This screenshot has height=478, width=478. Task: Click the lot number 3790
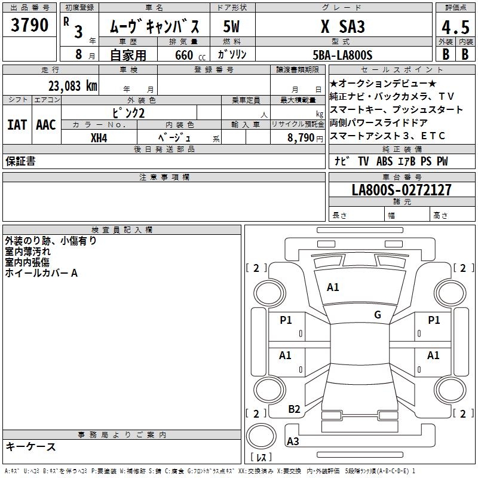pyautogui.click(x=30, y=26)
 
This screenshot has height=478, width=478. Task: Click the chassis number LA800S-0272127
pyautogui.click(x=402, y=190)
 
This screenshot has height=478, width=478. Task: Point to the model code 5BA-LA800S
pyautogui.click(x=343, y=55)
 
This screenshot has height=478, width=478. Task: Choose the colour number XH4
pyautogui.click(x=99, y=137)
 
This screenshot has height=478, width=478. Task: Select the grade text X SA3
pyautogui.click(x=343, y=27)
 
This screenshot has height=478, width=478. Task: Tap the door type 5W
pyautogui.click(x=232, y=27)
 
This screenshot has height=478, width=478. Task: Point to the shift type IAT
pyautogui.click(x=17, y=124)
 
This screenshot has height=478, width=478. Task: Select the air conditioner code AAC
pyautogui.click(x=46, y=124)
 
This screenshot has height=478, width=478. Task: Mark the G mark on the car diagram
pyautogui.click(x=378, y=315)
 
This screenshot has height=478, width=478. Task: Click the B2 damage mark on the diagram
pyautogui.click(x=294, y=409)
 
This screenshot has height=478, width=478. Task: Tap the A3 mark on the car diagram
pyautogui.click(x=293, y=442)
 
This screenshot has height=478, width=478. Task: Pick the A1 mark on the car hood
pyautogui.click(x=333, y=287)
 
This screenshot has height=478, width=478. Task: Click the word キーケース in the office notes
pyautogui.click(x=30, y=447)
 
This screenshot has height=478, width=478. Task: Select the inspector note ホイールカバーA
pyautogui.click(x=41, y=273)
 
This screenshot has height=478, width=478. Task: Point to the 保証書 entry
pyautogui.click(x=20, y=161)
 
